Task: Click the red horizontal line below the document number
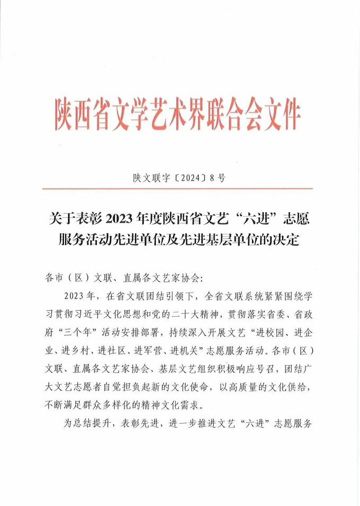180,188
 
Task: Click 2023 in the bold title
120,218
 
